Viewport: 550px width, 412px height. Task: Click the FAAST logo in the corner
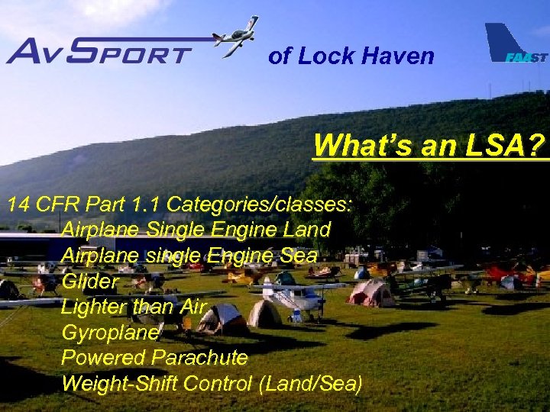[516, 46]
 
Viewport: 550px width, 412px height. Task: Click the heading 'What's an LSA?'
[430, 144]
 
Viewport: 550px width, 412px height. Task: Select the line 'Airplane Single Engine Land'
[196, 229]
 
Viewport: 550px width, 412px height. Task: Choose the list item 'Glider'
[90, 281]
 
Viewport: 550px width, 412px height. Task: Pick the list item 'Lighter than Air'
[134, 307]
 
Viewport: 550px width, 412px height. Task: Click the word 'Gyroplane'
[110, 333]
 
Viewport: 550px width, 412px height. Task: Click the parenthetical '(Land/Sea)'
[311, 382]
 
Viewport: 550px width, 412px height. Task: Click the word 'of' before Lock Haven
[279, 56]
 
